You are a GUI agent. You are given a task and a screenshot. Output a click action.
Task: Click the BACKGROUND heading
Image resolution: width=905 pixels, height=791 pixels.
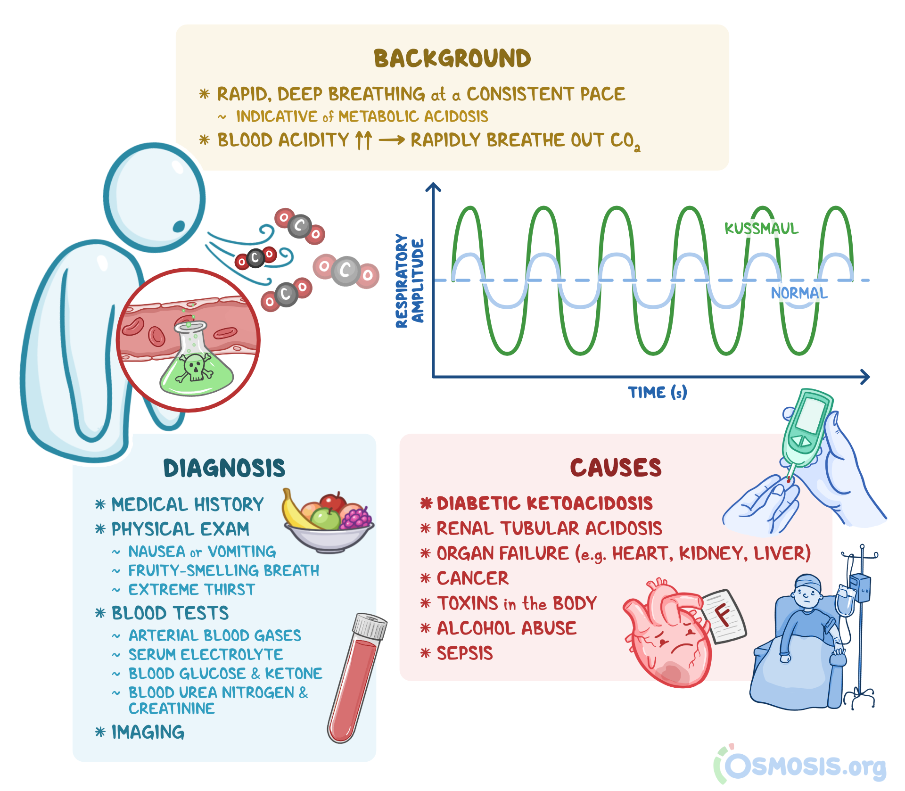pyautogui.click(x=452, y=58)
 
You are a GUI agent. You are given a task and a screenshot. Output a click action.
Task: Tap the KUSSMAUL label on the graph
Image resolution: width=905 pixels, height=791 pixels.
pyautogui.click(x=761, y=229)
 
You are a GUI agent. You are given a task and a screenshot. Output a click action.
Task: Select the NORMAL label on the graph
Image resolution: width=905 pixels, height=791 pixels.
pyautogui.click(x=799, y=293)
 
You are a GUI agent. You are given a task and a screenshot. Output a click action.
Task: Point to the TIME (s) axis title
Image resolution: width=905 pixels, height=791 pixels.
pyautogui.click(x=657, y=392)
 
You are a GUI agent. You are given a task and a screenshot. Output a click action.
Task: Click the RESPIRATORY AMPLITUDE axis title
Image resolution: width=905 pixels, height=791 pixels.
pyautogui.click(x=409, y=281)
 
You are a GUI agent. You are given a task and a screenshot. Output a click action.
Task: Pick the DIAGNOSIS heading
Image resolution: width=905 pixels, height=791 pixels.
pyautogui.click(x=224, y=468)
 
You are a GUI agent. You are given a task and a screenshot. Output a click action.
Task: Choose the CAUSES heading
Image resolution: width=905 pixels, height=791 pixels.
pyautogui.click(x=616, y=468)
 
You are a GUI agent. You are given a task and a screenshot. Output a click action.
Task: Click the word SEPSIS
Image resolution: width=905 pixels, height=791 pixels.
pyautogui.click(x=464, y=653)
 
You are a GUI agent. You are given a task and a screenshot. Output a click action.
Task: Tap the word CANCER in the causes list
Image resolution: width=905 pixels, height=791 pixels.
pyautogui.click(x=472, y=578)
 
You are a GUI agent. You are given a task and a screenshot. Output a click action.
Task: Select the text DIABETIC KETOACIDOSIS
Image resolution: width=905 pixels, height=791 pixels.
pyautogui.click(x=544, y=503)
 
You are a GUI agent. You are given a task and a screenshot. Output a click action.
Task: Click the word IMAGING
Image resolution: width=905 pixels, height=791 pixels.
pyautogui.click(x=148, y=732)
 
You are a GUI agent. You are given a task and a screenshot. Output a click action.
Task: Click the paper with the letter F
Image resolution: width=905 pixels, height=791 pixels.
pyautogui.click(x=724, y=615)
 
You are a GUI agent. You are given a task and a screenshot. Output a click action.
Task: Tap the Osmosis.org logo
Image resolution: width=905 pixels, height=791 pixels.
pyautogui.click(x=801, y=766)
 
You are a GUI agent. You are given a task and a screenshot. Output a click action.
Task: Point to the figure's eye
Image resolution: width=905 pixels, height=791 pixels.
pyautogui.click(x=179, y=226)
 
